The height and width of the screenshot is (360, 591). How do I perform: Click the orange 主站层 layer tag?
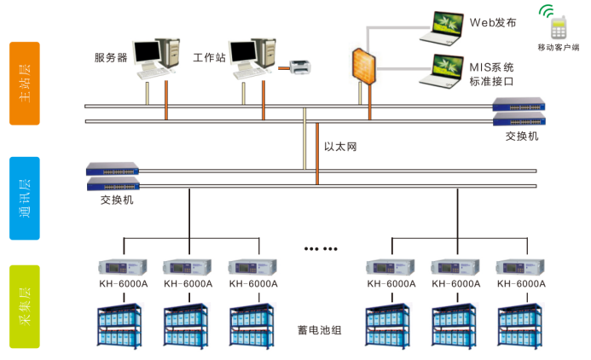[x=25, y=83]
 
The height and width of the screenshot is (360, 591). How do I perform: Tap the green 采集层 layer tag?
[x=25, y=305]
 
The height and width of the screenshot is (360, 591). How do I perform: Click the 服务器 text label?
[x=111, y=58]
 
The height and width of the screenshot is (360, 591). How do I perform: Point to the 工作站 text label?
[x=209, y=58]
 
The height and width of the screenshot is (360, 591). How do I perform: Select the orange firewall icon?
[x=363, y=66]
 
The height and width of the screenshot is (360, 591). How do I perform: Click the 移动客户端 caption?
[x=559, y=47]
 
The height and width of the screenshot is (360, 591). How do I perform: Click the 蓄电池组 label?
[x=319, y=328]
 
